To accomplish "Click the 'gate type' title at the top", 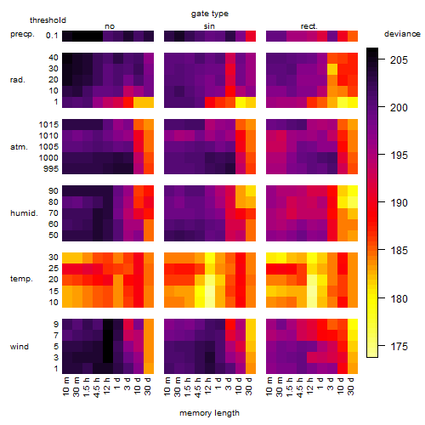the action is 210,14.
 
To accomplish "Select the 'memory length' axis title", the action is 209,413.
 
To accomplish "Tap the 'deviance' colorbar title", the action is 402,34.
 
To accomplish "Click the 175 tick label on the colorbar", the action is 399,346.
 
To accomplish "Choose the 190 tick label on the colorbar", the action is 399,203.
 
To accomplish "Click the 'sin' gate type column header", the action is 209,26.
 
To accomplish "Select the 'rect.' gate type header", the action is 309,26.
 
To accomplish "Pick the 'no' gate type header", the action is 110,26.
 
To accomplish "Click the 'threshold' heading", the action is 48,20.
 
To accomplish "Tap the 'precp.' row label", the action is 22,35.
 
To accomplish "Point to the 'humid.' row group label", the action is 24,213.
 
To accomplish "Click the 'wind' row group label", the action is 20,347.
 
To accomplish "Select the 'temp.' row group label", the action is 21,279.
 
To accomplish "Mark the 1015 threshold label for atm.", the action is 48,125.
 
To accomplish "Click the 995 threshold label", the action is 51,169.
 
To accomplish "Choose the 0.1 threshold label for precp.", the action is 52,36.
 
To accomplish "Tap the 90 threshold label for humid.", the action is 54,191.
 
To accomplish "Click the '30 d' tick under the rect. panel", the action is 351,386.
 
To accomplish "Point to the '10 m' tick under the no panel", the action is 65,386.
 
